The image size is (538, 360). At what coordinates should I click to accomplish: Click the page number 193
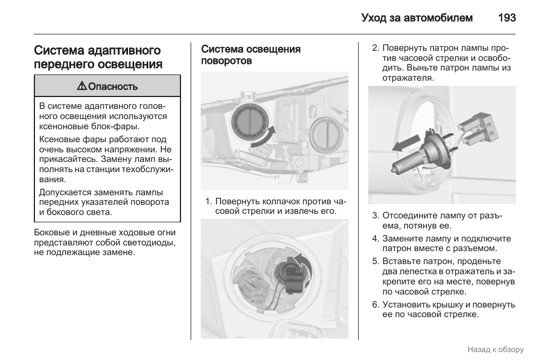506,17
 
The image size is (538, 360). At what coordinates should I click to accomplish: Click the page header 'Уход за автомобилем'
417,17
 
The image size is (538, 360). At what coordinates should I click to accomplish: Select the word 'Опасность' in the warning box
113,86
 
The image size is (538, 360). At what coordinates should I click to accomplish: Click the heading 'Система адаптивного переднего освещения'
98,58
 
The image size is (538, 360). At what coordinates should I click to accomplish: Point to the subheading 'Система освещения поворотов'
250,55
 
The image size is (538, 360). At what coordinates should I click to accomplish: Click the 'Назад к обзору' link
495,349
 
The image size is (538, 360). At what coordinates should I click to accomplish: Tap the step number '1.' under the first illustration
208,201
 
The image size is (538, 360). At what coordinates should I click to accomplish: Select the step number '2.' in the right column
375,48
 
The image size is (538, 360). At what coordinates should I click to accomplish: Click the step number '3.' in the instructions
375,216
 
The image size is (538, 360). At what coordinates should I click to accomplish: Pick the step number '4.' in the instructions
375,238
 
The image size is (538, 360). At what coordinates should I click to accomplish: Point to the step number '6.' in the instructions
375,304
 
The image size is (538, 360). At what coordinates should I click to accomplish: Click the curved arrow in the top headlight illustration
263,137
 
